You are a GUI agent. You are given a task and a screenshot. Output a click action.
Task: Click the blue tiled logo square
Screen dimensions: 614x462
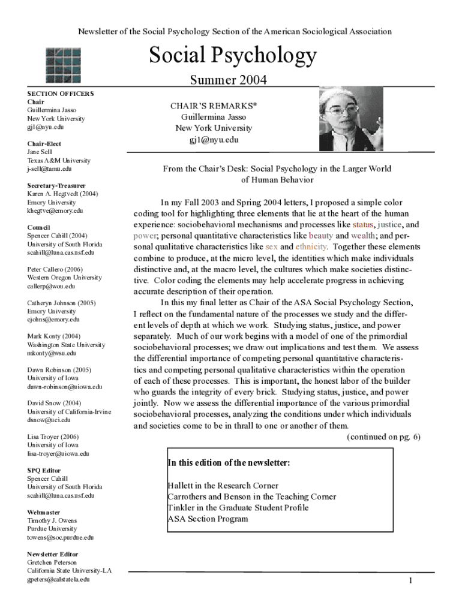(64, 65)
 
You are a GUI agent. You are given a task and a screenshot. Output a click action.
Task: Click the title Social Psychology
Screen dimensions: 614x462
(232, 56)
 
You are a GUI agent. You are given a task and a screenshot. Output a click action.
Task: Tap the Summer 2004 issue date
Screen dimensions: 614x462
(228, 80)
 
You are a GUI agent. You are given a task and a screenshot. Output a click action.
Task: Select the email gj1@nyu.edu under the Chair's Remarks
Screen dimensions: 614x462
(214, 139)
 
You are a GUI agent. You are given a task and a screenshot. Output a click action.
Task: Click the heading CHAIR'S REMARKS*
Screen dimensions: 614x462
(214, 106)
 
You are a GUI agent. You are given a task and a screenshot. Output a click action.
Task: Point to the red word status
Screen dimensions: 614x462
(364, 225)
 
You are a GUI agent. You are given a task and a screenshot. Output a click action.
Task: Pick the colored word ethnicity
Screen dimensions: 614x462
(311, 246)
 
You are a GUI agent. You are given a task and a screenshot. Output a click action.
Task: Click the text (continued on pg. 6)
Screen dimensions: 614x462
(383, 437)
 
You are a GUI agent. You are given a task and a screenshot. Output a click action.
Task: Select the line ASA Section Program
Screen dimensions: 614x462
(208, 519)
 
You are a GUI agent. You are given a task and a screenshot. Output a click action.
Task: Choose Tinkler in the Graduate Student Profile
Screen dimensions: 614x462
(238, 508)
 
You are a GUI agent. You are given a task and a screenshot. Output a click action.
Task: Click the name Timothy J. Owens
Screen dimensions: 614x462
(52, 521)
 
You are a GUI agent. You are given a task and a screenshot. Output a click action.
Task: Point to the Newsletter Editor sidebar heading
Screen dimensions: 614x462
(53, 555)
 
